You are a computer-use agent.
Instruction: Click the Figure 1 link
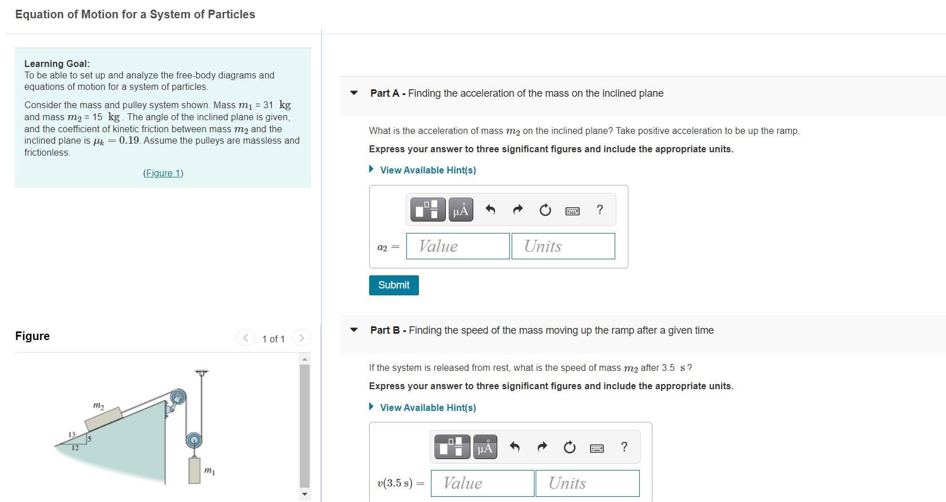coord(163,173)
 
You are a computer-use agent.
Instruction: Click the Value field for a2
coord(458,246)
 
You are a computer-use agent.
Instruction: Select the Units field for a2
coord(563,246)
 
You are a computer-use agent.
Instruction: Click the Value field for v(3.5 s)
coord(482,483)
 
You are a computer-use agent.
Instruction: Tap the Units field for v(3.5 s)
coord(587,483)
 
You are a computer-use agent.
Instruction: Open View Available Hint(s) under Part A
coord(428,170)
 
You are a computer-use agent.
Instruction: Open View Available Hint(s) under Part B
coord(428,408)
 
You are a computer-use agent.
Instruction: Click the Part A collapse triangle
coord(354,93)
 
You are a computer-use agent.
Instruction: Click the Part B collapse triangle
coord(354,330)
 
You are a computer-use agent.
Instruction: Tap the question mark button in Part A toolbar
coord(599,210)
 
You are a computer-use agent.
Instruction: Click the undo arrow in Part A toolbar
coord(490,210)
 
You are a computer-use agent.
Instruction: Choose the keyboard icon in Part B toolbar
coord(596,448)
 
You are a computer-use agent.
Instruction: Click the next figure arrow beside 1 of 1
coord(302,338)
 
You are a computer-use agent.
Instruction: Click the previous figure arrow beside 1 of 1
coord(246,338)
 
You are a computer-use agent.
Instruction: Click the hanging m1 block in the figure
coord(195,470)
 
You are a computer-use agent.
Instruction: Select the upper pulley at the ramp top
coord(179,397)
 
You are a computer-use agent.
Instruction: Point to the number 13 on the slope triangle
coord(72,435)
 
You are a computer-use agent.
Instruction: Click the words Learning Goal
coord(57,64)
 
